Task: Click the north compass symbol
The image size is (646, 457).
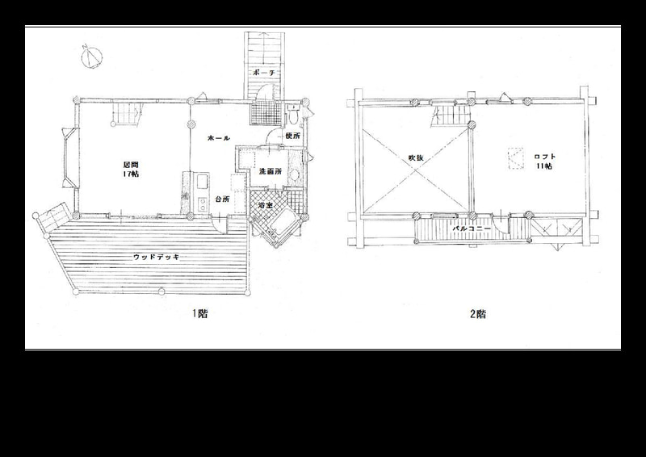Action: click(91, 57)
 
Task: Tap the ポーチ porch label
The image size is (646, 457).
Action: click(261, 73)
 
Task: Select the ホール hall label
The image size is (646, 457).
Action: click(218, 138)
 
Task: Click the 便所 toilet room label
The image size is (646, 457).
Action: click(292, 136)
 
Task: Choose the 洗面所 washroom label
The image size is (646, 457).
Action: click(271, 171)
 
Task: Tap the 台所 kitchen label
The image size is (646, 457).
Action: click(223, 199)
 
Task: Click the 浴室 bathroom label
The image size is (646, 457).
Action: click(265, 205)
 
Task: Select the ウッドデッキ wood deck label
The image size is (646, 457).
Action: click(156, 257)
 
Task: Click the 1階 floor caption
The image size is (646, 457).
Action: click(199, 313)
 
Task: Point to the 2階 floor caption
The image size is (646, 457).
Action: click(478, 314)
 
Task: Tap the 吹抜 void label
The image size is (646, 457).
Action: click(416, 157)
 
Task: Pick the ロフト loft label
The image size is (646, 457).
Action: click(544, 157)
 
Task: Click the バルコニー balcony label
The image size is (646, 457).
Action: click(472, 228)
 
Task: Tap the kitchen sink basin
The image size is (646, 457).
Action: click(203, 182)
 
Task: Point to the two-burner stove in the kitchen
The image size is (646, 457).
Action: click(203, 204)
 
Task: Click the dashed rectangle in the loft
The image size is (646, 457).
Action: click(515, 158)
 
